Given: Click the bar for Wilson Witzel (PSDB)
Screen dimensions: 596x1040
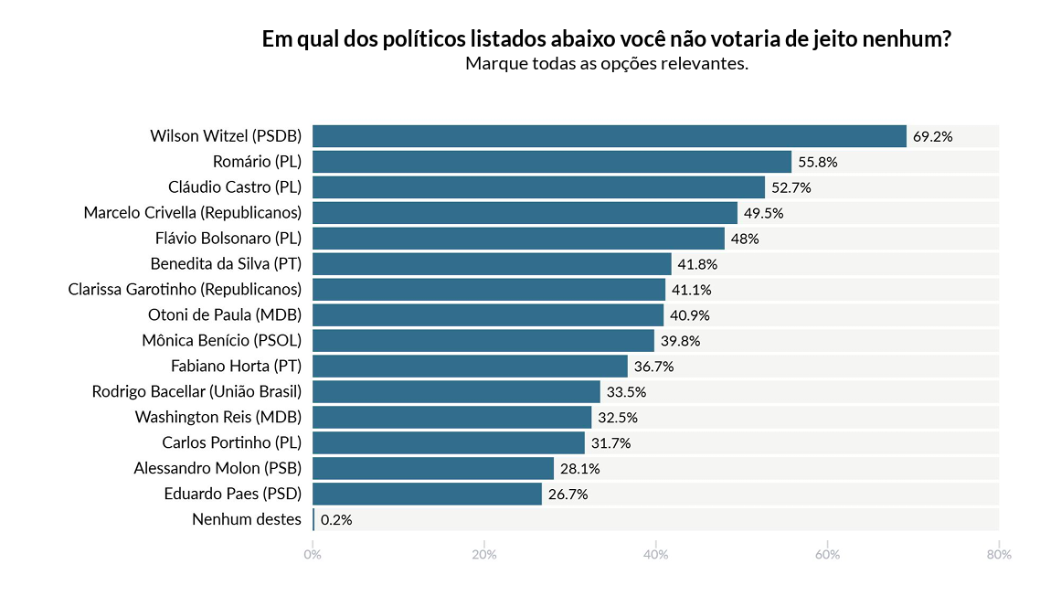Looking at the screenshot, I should [x=609, y=136].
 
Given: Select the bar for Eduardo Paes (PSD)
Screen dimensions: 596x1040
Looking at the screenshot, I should [x=427, y=495].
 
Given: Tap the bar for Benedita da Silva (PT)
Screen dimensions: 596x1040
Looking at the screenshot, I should [x=492, y=264].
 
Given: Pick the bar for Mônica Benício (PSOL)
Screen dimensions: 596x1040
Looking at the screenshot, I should [x=483, y=341].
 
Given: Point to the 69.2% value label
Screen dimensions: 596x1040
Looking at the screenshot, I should [x=933, y=137].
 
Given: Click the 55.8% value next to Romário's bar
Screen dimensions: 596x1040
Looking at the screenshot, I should [x=818, y=163].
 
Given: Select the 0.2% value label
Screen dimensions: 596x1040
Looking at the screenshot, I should [x=336, y=520].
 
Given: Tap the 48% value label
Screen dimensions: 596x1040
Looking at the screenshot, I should [x=745, y=239].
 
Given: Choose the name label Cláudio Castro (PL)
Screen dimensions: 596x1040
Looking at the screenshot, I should [x=235, y=187].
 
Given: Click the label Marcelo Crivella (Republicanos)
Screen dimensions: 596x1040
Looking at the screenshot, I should [x=193, y=213].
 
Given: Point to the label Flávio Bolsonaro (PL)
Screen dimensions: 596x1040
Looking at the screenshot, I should [x=228, y=239].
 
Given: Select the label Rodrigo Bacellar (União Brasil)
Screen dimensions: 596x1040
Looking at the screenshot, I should [x=196, y=392].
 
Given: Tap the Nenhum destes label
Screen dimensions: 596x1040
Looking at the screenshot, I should [x=247, y=520].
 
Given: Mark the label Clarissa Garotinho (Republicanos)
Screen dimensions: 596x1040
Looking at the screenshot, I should [x=185, y=290].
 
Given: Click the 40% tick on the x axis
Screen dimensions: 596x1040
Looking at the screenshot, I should [x=655, y=555].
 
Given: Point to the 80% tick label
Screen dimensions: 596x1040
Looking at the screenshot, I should [x=998, y=555].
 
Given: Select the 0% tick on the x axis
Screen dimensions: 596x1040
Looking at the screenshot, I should [x=313, y=555].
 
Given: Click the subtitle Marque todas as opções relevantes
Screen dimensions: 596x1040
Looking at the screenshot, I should [x=607, y=64].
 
